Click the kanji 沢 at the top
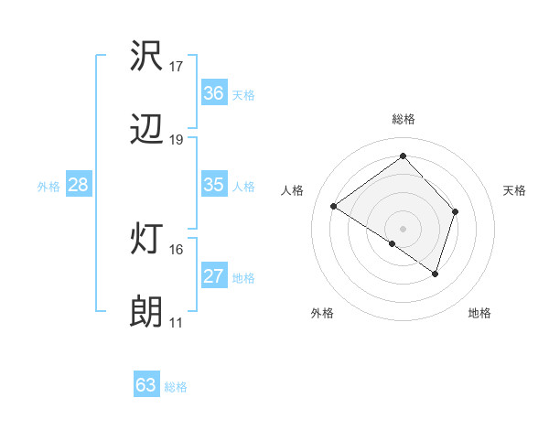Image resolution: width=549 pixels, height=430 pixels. coord(147,59)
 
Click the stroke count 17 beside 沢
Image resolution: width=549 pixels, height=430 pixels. coord(177,67)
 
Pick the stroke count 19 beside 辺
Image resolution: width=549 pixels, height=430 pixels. coord(177,140)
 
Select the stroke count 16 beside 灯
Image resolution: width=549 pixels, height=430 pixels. coord(177,249)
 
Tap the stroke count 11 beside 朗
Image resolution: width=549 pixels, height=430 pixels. coord(177,322)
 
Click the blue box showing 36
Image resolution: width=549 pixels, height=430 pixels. coord(214,93)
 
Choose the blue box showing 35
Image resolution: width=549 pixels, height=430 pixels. coord(214,185)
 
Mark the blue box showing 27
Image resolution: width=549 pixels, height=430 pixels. coord(214,276)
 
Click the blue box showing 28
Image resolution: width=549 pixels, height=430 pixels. coord(79,185)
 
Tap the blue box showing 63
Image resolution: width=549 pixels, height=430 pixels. coord(146,385)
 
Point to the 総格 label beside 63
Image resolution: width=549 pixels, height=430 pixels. coord(176,387)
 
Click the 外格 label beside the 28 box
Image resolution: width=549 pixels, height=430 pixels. coord(48,187)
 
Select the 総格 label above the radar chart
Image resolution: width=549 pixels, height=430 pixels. coord(404,119)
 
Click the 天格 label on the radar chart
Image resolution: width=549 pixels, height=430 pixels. coord(514,190)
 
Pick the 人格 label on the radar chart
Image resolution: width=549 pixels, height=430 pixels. coord(293,190)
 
